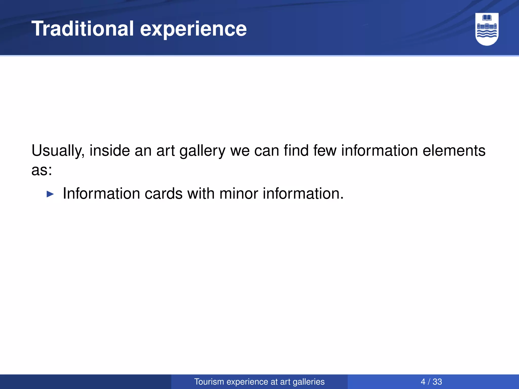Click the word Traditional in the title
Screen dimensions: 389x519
pos(82,28)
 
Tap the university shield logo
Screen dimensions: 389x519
pos(487,29)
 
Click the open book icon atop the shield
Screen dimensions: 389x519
pos(487,18)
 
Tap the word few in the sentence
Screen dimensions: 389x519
pos(325,150)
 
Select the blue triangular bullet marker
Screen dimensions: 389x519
pos(50,194)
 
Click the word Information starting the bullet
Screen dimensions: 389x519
pos(101,193)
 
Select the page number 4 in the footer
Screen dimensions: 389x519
pos(423,382)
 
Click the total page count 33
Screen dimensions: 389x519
pos(437,382)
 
